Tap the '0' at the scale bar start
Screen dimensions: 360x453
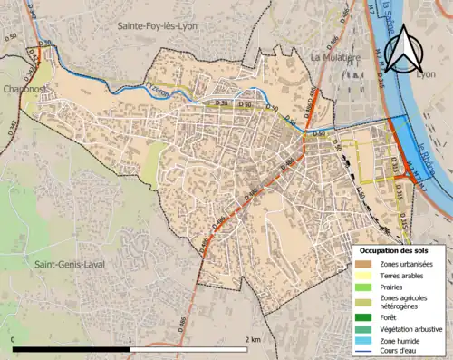pos(14,339)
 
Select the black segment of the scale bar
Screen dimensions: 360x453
pos(72,348)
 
